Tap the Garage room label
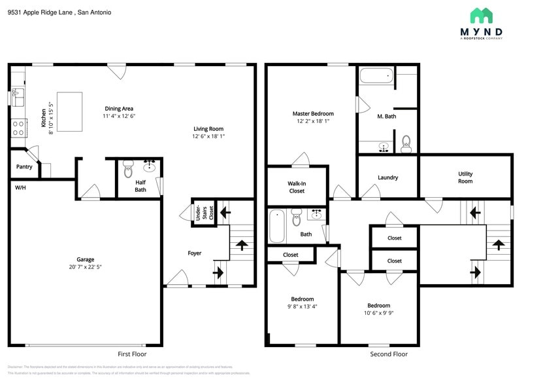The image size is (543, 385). (85, 259)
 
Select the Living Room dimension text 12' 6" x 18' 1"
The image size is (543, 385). (208, 137)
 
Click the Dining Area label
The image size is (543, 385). (119, 109)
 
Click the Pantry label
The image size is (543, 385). (24, 167)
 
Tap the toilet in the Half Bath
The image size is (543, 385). (128, 164)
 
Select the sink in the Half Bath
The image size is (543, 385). (150, 165)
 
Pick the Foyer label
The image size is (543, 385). (195, 253)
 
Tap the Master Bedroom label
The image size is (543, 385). (313, 114)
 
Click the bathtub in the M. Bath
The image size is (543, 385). (376, 77)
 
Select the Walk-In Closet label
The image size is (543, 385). (297, 187)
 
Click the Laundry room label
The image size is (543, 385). (387, 177)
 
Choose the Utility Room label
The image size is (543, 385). (465, 177)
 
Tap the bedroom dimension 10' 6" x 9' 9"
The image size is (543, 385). (378, 313)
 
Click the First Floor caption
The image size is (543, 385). (132, 354)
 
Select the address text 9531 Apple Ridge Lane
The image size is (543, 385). (41, 12)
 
